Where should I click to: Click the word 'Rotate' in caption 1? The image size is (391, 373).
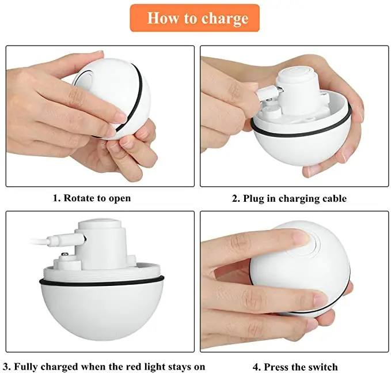(79, 198)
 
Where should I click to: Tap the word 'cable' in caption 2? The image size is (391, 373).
(332, 198)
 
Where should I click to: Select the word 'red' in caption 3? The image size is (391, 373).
(149, 367)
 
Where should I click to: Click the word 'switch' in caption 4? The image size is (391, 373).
(323, 367)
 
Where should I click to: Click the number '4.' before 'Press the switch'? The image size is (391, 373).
(257, 367)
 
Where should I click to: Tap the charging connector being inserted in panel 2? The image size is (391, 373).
(266, 91)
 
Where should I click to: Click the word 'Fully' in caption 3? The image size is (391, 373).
(27, 367)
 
